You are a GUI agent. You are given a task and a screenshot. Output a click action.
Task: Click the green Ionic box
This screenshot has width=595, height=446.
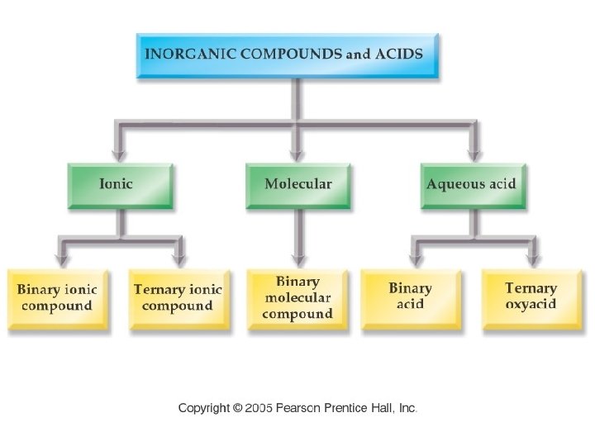point(121,185)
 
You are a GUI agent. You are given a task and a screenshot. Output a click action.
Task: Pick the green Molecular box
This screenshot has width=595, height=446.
point(297,185)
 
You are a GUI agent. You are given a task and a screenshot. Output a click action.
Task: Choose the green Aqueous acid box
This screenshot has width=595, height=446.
point(472,185)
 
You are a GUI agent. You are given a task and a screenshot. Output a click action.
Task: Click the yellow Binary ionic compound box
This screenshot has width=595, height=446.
point(57,299)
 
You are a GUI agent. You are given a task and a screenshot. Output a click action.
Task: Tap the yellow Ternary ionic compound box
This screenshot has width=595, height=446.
point(177,299)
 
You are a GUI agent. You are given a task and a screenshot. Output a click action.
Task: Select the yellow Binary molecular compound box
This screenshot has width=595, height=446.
point(297,299)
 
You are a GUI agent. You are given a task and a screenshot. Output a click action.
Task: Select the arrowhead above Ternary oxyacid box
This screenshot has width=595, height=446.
point(533,258)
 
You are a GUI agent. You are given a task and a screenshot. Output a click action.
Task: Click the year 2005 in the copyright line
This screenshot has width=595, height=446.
point(259,409)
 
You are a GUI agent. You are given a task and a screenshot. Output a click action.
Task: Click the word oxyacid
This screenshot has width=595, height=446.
point(531,305)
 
